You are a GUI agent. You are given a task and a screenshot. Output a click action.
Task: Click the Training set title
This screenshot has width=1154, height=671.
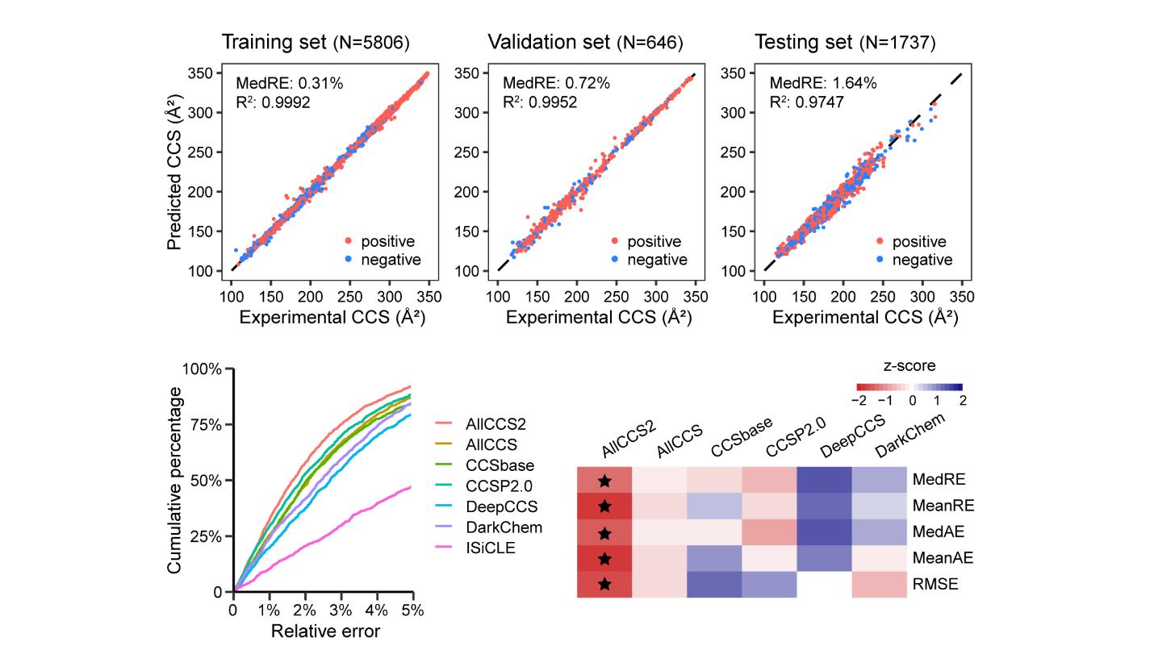point(316,43)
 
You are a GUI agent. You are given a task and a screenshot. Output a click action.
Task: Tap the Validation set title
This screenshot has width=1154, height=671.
point(585,43)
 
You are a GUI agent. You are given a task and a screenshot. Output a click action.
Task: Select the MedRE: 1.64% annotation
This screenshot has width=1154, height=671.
point(822,83)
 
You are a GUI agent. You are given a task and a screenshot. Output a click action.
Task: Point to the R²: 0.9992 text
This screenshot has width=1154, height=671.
point(273,102)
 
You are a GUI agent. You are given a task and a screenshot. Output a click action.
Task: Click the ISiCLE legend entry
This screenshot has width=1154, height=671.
point(490,548)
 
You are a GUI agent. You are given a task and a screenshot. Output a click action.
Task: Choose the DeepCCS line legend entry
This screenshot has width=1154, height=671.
point(501,506)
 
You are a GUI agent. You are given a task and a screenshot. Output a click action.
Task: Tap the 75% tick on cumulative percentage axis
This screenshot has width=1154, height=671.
point(206,425)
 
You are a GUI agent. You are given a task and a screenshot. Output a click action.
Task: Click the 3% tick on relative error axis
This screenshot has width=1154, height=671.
point(341,611)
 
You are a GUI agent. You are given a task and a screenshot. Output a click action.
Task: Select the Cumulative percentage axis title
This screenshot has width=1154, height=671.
point(175,480)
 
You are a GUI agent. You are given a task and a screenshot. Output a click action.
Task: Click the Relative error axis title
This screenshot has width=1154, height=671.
point(325,631)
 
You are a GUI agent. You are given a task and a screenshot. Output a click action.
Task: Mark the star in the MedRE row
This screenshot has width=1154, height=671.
point(604,481)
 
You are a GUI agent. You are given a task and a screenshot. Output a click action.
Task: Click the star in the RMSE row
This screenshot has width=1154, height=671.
point(604,584)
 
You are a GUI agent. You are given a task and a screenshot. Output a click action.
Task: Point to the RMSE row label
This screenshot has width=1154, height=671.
point(935,584)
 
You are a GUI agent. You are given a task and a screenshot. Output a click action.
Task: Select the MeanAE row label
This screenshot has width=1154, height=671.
point(943,557)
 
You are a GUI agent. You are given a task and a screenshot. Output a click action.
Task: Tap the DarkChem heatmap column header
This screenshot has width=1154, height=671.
point(909,436)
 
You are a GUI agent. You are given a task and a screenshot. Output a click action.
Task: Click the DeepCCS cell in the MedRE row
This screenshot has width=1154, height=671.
point(824,480)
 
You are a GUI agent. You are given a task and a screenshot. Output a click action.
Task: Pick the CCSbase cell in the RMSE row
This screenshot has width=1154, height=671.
point(714,584)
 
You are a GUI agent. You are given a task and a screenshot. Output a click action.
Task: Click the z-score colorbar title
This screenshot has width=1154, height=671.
point(909,366)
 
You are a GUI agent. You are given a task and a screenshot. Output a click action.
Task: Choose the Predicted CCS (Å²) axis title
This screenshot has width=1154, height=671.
point(175,172)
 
